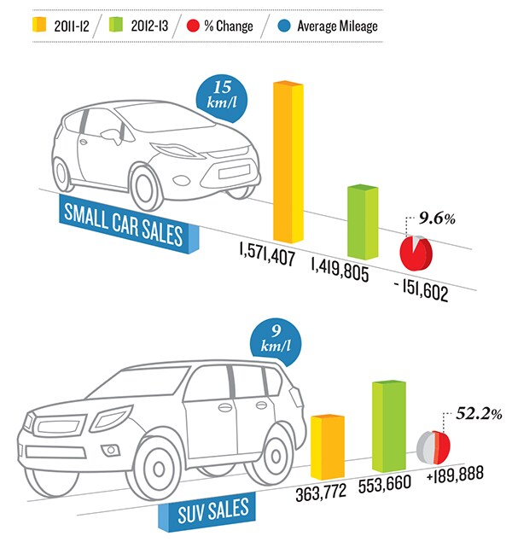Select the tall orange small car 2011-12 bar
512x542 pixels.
(x=288, y=162)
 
